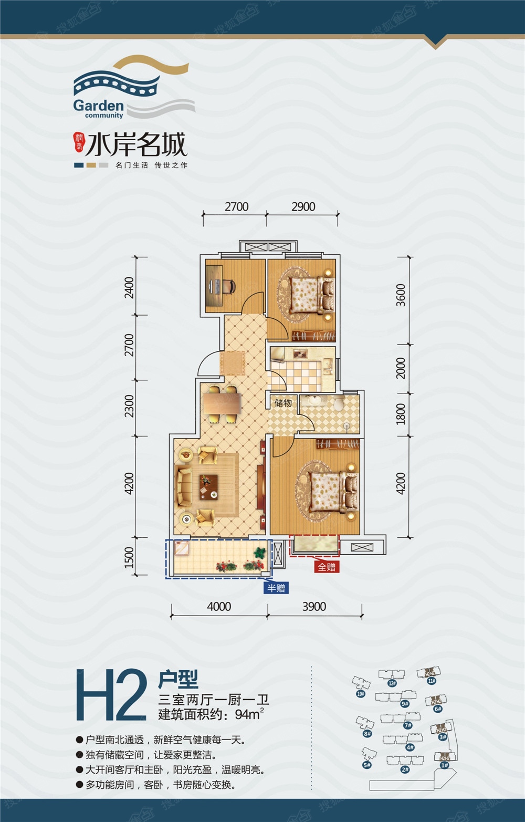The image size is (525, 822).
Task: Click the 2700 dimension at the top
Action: click(x=236, y=206)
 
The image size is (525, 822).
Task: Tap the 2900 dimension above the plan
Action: click(x=303, y=206)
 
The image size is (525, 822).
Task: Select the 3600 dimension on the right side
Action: click(x=401, y=295)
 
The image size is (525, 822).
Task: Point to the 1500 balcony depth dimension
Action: click(x=129, y=557)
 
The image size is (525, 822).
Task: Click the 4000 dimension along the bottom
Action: click(x=219, y=607)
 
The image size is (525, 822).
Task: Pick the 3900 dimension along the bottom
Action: click(x=314, y=607)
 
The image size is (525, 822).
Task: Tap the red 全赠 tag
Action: click(x=326, y=567)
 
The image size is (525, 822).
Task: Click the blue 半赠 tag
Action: click(x=276, y=588)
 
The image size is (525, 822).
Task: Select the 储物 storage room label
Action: click(x=283, y=403)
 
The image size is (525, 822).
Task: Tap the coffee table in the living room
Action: click(x=208, y=485)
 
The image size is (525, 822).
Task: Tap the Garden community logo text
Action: click(x=99, y=107)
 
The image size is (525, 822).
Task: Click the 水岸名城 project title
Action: click(x=136, y=144)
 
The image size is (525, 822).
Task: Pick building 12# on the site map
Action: click(x=392, y=683)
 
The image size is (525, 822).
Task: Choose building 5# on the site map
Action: click(x=366, y=765)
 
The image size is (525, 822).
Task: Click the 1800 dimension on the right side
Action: click(x=401, y=414)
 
